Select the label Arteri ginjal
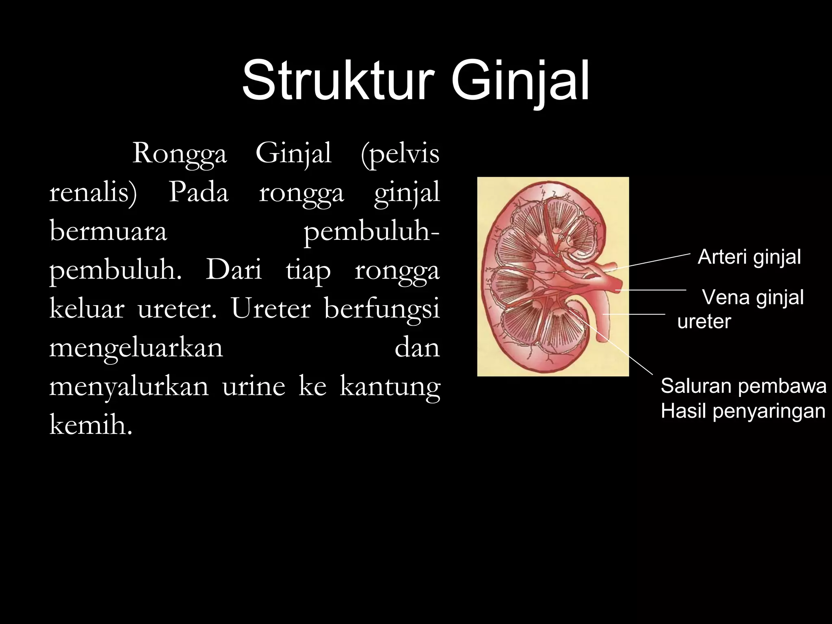click(x=749, y=257)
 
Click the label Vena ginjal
click(x=753, y=297)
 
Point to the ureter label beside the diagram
click(x=704, y=321)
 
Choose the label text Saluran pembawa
click(x=743, y=386)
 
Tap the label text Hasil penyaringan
click(x=743, y=411)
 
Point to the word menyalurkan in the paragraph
click(x=129, y=386)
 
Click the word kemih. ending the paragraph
click(x=91, y=425)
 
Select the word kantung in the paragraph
click(x=390, y=387)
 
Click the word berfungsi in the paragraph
click(x=382, y=309)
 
